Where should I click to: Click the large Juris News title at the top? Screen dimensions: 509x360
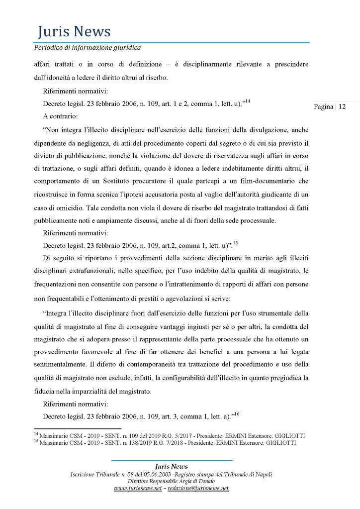pyautogui.click(x=74, y=32)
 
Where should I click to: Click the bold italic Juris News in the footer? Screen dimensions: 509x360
pyautogui.click(x=171, y=466)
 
